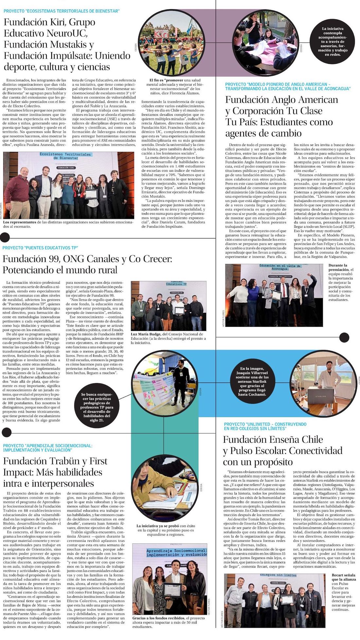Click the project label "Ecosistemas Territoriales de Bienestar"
pyautogui.click(x=62, y=11)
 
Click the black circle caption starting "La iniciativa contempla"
pyautogui.click(x=332, y=42)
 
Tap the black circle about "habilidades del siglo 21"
pyautogui.click(x=97, y=407)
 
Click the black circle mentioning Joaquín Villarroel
pyautogui.click(x=252, y=382)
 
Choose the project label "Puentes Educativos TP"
pyautogui.click(x=40, y=248)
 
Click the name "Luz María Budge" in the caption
pyautogui.click(x=146, y=334)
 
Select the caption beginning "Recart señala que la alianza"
pyautogui.click(x=343, y=592)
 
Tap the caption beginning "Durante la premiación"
pyautogui.click(x=341, y=282)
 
